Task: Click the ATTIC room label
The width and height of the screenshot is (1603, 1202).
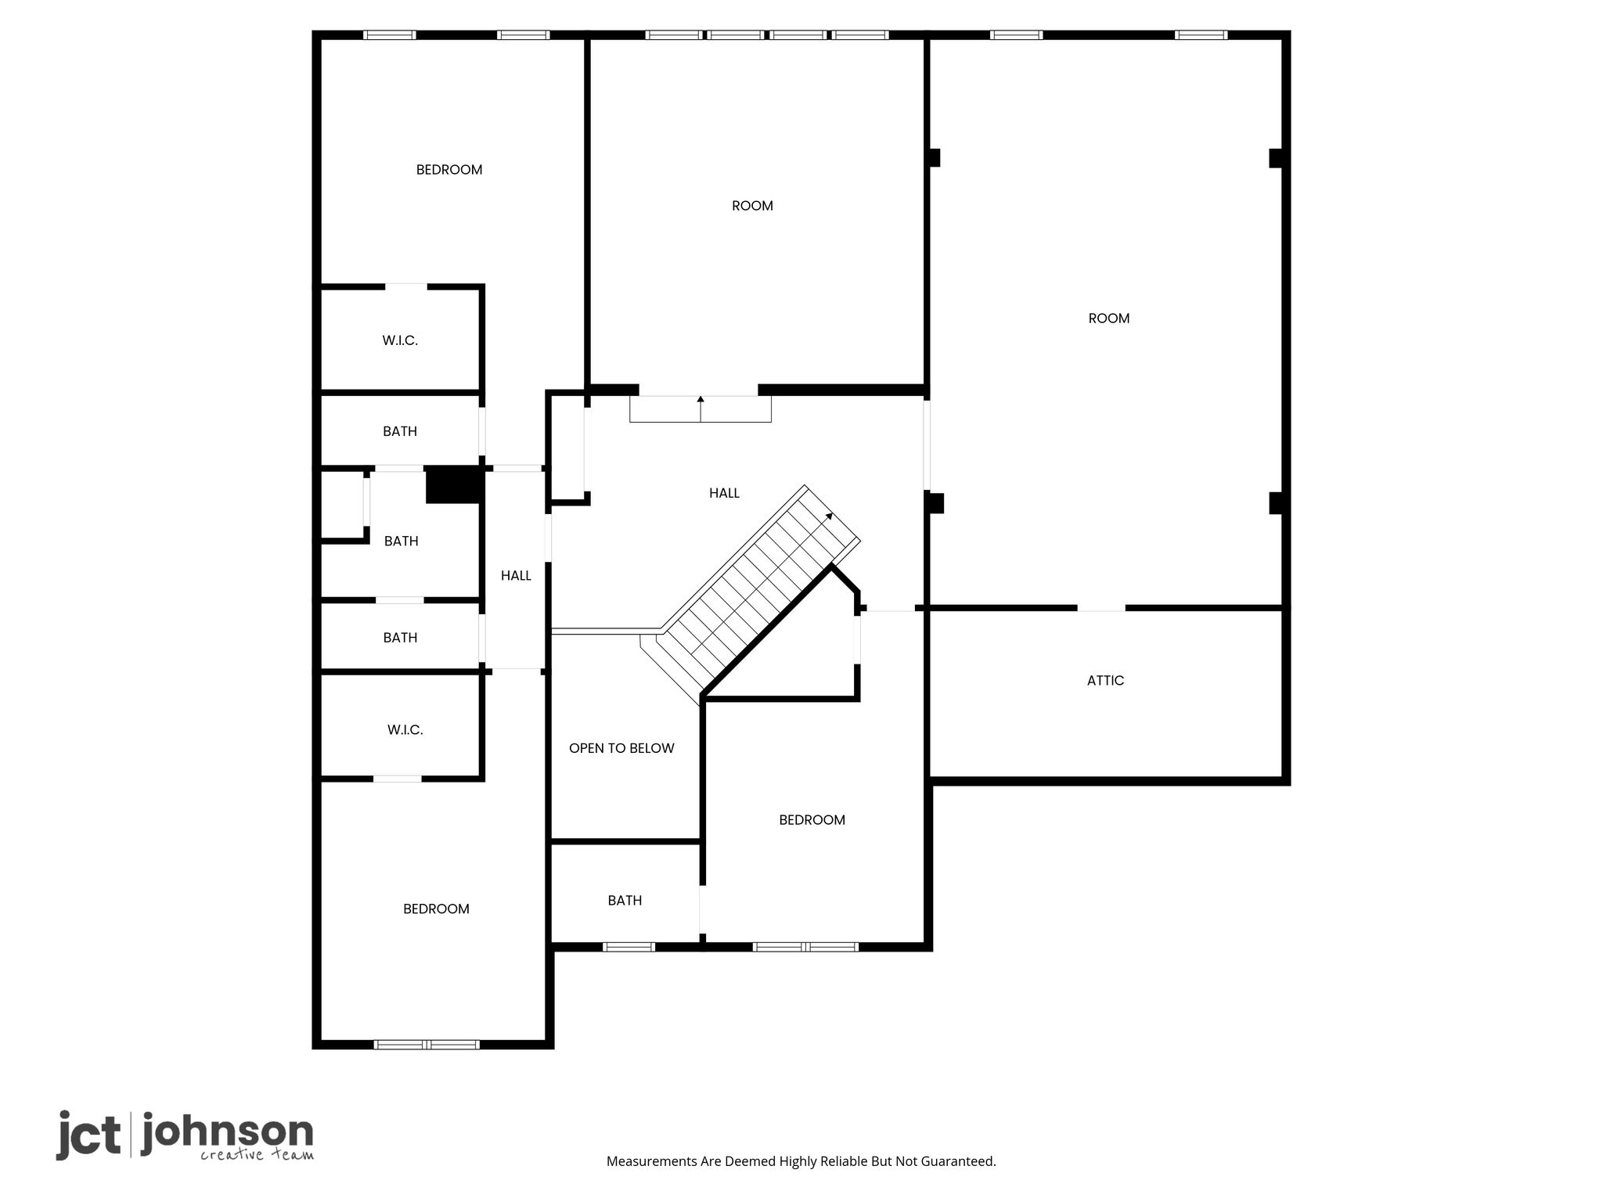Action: point(1105,681)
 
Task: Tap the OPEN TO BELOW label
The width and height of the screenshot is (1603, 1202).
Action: point(621,748)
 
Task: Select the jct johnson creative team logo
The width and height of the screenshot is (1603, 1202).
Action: point(185,1135)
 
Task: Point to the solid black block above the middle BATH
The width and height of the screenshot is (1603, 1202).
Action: point(452,485)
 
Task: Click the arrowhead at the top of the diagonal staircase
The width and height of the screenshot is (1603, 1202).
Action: point(829,516)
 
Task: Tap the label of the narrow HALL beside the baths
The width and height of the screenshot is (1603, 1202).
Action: point(516,576)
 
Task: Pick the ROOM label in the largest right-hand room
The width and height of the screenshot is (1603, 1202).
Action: point(1108,318)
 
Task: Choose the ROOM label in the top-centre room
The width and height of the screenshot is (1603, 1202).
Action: point(752,206)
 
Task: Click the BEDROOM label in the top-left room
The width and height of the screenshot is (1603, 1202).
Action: point(449,170)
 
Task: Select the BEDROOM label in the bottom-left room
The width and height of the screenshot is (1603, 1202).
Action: point(436,909)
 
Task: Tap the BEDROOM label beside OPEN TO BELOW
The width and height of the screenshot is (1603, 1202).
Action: point(812,820)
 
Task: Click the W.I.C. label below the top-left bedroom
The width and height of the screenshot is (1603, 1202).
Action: point(400,340)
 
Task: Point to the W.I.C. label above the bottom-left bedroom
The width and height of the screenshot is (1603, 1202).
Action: point(405,730)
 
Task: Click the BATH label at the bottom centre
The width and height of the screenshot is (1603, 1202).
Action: point(625,901)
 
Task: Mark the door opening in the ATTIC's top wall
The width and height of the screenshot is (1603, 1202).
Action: point(1101,608)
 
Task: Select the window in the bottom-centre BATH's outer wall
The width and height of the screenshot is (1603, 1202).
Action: point(629,947)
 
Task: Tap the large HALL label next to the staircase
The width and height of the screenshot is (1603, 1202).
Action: point(724,493)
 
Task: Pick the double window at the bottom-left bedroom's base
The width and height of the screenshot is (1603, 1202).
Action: point(427,1045)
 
